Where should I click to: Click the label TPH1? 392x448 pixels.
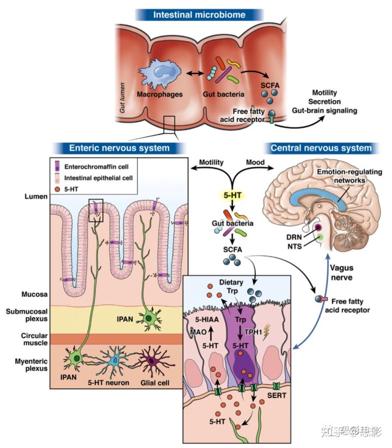(265, 332)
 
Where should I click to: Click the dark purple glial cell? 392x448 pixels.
(163, 361)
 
